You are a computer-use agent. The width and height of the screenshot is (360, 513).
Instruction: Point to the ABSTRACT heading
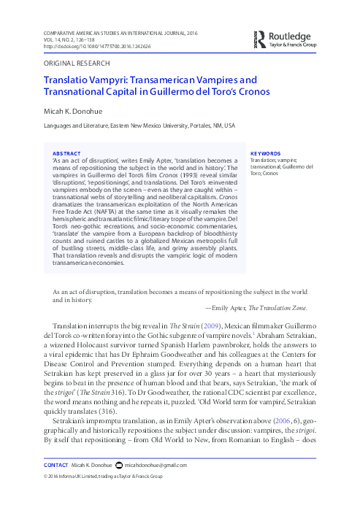pyautogui.click(x=66, y=153)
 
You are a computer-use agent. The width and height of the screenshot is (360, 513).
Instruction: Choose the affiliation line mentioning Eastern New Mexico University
pyautogui.click(x=137, y=126)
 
